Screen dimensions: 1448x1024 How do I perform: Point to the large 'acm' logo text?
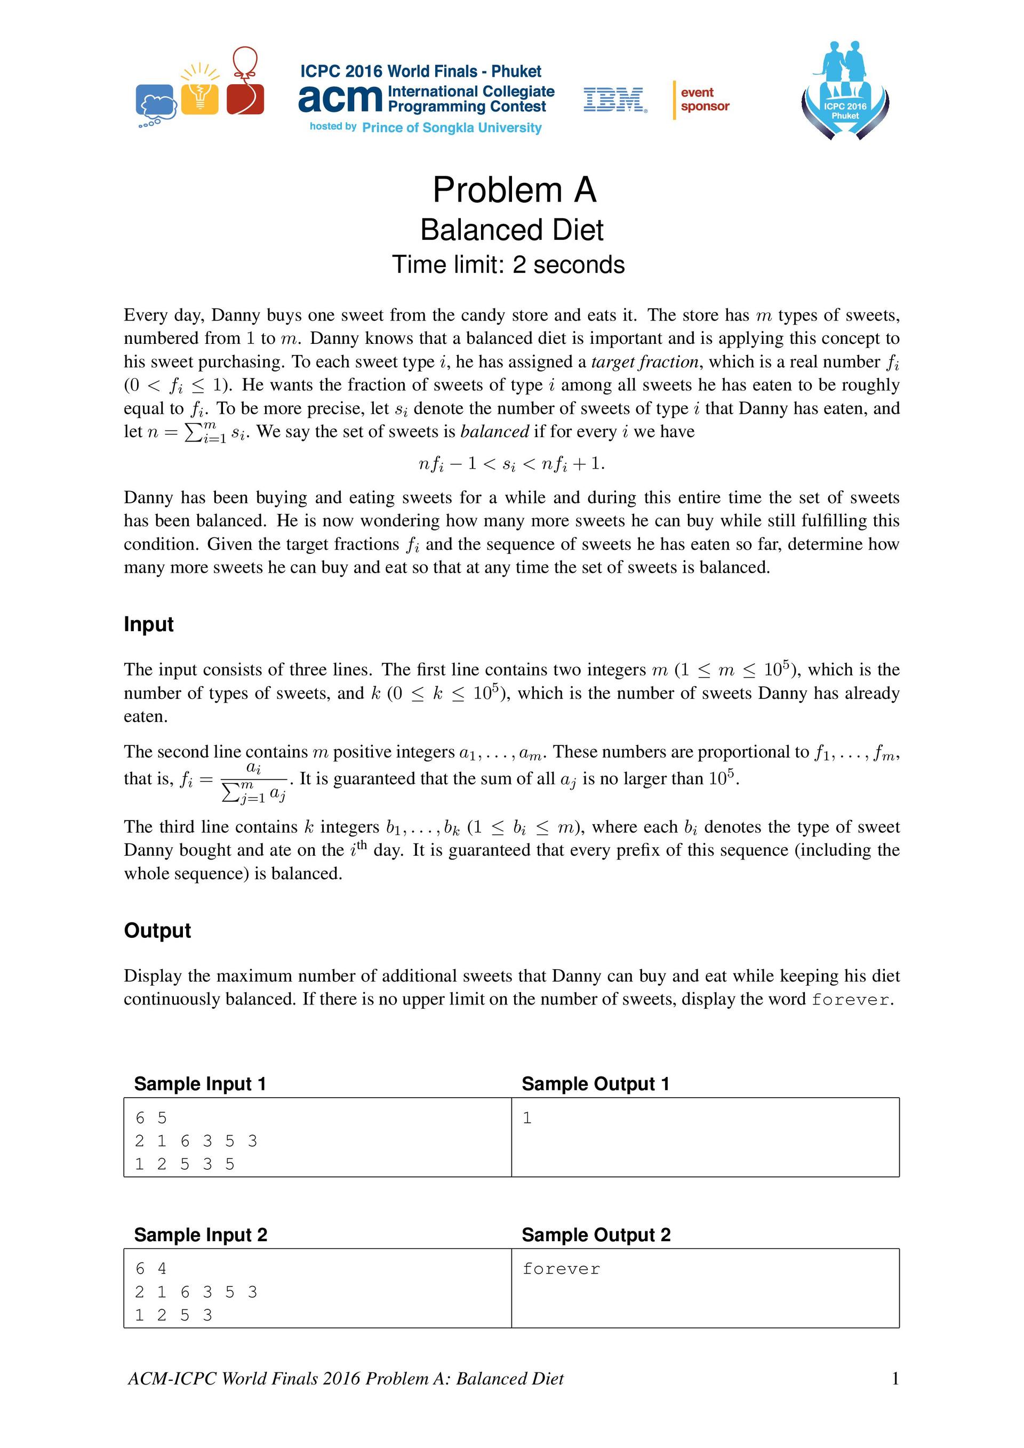341,99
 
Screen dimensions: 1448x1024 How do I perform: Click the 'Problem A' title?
514,190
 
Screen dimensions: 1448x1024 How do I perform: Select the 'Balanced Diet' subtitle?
511,230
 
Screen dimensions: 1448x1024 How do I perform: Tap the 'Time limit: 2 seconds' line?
508,265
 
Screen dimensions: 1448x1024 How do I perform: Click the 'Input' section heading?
149,624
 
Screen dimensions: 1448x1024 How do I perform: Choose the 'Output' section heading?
157,931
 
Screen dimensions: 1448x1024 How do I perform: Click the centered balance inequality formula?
511,465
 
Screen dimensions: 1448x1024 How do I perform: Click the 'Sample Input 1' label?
200,1084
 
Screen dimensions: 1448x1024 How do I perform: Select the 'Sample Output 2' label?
596,1235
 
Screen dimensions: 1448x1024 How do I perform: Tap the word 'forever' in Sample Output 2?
561,1269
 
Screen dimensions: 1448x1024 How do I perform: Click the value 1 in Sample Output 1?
527,1118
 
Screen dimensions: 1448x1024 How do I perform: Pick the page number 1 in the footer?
894,1379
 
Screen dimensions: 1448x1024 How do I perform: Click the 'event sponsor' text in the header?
704,100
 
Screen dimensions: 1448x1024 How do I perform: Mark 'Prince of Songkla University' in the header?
452,128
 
